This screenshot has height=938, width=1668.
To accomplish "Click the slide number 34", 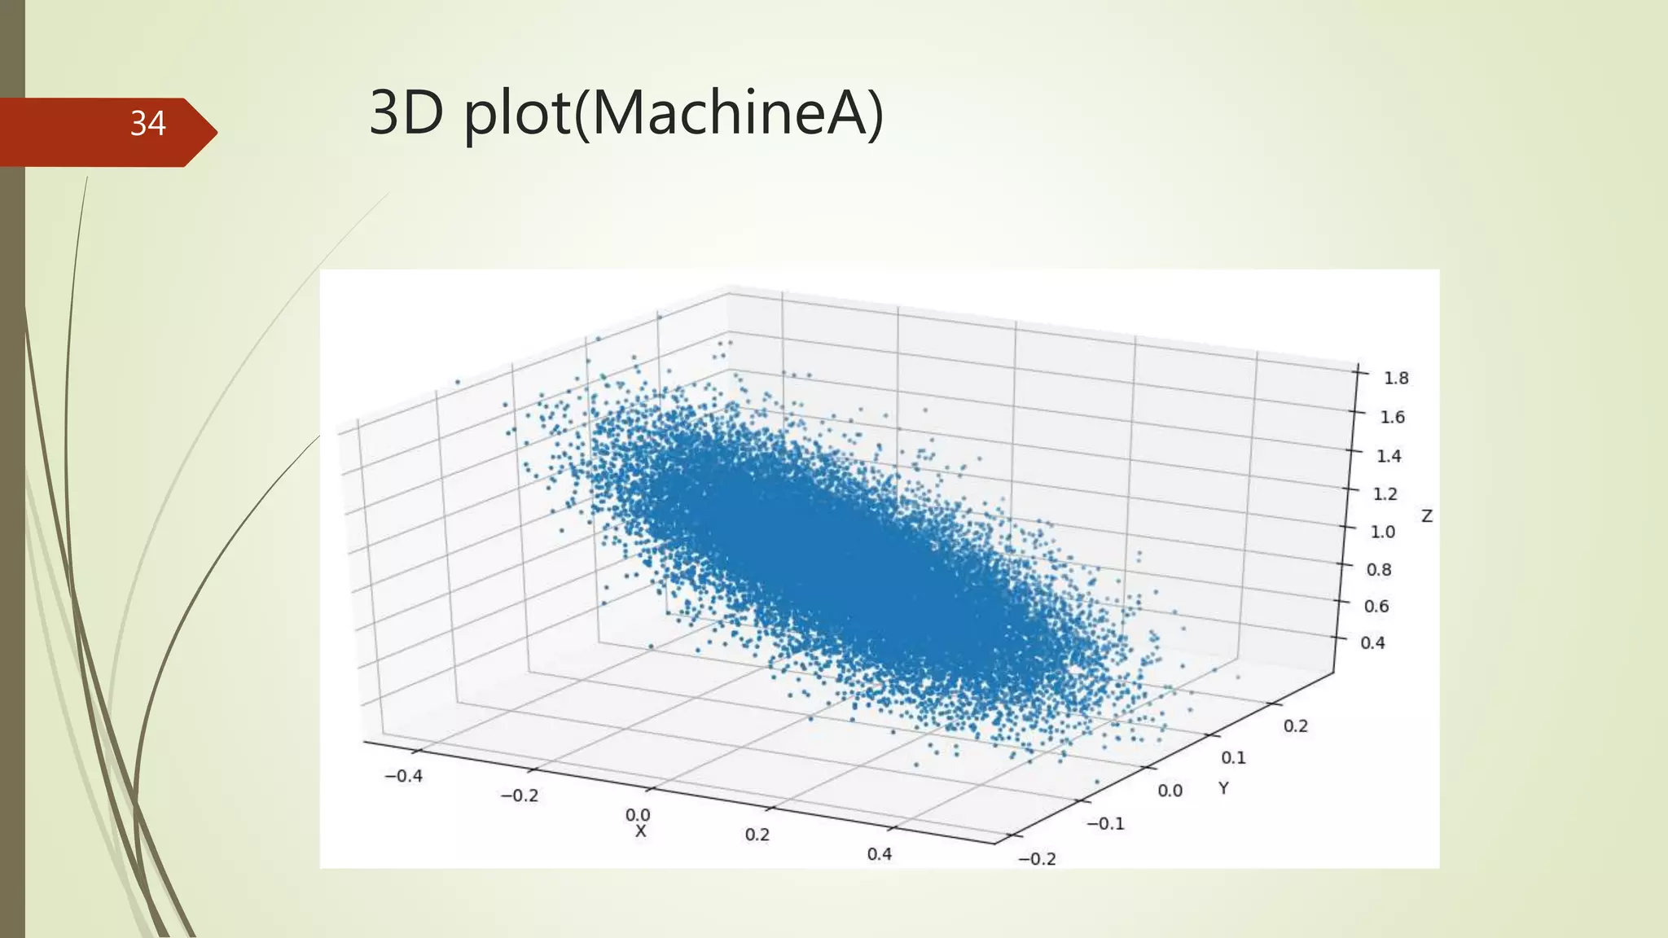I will (x=147, y=124).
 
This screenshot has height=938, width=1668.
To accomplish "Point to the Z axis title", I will (x=1426, y=516).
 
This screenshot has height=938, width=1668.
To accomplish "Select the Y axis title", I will (x=1223, y=787).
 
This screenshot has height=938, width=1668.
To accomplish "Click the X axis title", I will (x=640, y=831).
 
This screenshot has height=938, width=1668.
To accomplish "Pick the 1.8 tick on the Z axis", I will (x=1395, y=378).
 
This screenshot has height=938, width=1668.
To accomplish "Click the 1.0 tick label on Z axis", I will (x=1382, y=532).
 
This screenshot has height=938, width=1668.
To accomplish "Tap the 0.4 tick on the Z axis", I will (x=1372, y=642).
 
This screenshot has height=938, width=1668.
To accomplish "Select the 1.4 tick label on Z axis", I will (x=1389, y=456).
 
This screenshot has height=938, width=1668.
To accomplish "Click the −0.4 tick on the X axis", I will (x=403, y=776).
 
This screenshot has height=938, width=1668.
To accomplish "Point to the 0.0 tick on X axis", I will (x=638, y=814).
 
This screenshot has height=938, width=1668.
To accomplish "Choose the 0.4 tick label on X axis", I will (x=879, y=854).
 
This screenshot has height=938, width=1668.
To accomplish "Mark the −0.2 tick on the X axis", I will (x=519, y=796).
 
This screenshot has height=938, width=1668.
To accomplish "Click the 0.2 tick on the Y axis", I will (x=1295, y=725).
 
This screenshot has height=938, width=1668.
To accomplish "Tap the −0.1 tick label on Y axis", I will (x=1105, y=823).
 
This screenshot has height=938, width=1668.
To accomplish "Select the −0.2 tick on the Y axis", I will (x=1037, y=858).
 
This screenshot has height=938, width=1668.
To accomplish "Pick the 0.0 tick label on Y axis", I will (x=1170, y=790).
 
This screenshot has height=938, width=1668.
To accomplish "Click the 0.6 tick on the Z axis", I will (x=1376, y=606).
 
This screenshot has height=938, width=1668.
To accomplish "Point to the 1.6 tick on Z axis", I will (x=1392, y=417).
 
